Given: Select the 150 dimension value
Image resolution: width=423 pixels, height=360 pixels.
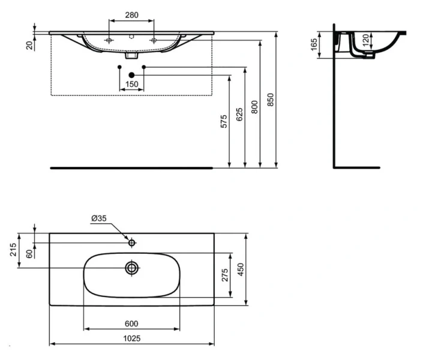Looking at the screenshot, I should click(x=131, y=83).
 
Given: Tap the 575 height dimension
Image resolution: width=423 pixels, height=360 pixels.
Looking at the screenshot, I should click(x=224, y=121).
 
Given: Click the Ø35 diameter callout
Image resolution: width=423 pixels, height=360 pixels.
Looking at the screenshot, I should click(x=100, y=220).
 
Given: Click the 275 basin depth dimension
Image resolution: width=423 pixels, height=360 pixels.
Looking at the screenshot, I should click(x=224, y=275).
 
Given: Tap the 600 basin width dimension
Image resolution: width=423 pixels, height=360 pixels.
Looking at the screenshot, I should click(x=131, y=323).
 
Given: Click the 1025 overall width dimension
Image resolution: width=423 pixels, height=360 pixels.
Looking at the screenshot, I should click(x=131, y=338).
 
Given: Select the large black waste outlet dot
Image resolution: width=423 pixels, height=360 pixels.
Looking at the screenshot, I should click(x=131, y=74).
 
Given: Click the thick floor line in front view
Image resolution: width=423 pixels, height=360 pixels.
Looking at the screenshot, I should click(x=131, y=168).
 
